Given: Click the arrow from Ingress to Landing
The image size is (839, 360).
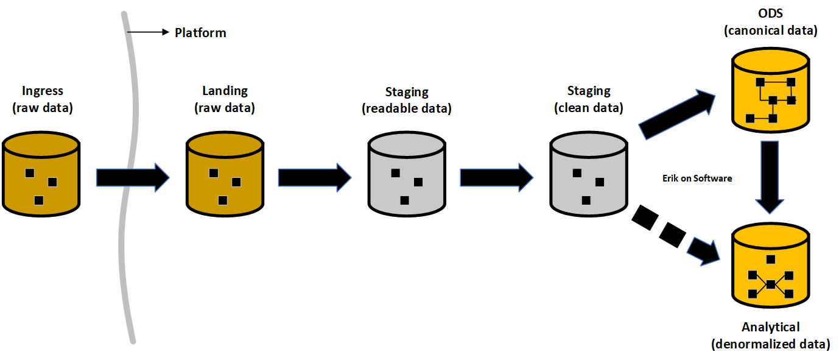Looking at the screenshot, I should (x=132, y=177).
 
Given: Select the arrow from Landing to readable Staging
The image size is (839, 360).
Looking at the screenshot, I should (x=314, y=177).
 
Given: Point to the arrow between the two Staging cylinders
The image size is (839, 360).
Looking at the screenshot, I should (x=496, y=177).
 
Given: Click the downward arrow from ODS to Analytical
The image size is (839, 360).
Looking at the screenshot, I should (x=771, y=177).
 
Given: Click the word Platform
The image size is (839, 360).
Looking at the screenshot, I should (x=200, y=33).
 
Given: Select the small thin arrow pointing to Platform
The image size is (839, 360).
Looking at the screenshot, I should (x=149, y=32).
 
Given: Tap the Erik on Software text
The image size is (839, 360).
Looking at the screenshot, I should (x=697, y=178).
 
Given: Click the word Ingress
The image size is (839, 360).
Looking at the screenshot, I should (x=42, y=91).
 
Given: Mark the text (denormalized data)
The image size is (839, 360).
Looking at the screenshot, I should (x=770, y=344).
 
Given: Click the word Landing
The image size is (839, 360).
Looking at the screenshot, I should (x=225, y=91).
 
